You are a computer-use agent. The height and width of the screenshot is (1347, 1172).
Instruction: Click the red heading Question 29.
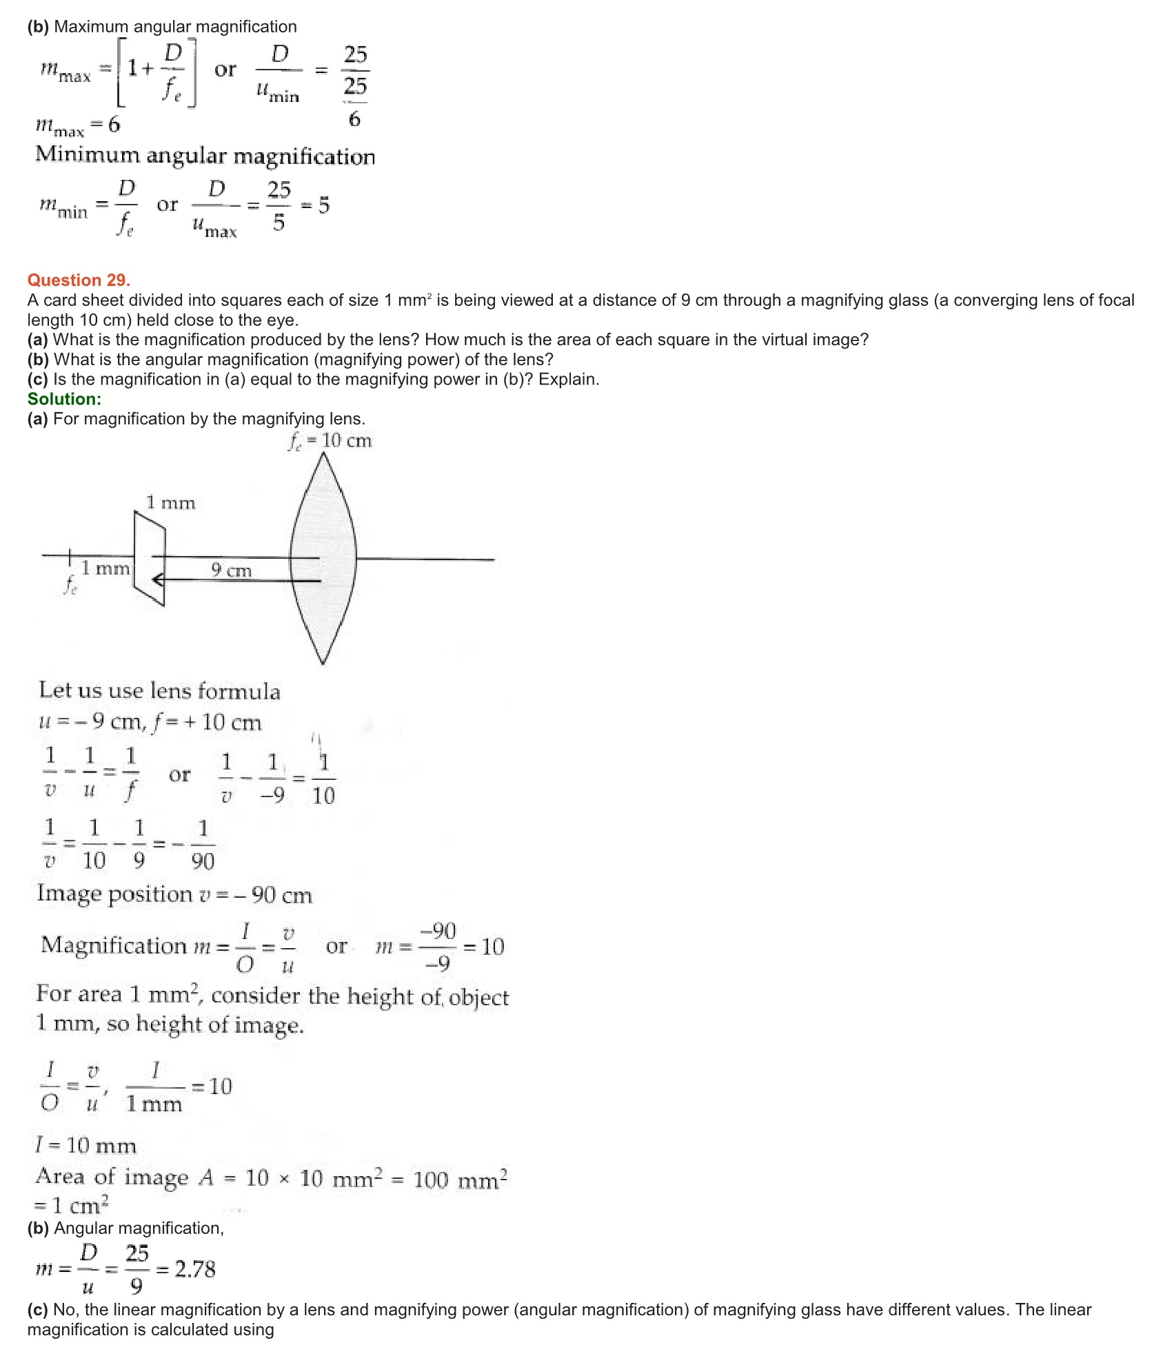(79, 280)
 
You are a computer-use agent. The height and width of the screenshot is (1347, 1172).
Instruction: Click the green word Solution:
(64, 399)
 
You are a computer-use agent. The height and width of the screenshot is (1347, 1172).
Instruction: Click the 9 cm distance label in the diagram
(232, 570)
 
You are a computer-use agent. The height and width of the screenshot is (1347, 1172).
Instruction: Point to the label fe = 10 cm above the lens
(330, 441)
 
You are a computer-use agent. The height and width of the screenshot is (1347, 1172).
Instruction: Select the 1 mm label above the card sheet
(170, 503)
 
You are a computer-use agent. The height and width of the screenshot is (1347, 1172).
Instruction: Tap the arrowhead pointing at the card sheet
(158, 580)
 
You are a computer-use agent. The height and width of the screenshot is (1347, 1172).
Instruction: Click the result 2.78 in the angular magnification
(195, 1269)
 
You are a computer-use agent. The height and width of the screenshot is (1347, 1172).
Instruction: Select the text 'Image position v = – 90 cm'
(174, 894)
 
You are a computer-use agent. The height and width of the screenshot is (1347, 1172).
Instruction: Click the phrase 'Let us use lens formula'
(159, 690)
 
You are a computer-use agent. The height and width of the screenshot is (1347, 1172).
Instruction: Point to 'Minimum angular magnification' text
(205, 156)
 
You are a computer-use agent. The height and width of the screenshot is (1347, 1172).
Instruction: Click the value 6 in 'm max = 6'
(114, 125)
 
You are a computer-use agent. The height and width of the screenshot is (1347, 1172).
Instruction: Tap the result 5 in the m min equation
(323, 205)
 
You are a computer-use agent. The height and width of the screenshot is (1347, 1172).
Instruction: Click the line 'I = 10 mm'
(85, 1146)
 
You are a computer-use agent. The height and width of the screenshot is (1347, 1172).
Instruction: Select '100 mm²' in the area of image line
(460, 1180)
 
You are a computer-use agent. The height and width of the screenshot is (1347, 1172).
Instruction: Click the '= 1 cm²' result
(71, 1206)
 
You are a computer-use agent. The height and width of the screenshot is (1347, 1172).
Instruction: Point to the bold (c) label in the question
(37, 380)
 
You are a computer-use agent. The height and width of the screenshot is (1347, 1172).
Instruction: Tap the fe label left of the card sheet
(70, 586)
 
